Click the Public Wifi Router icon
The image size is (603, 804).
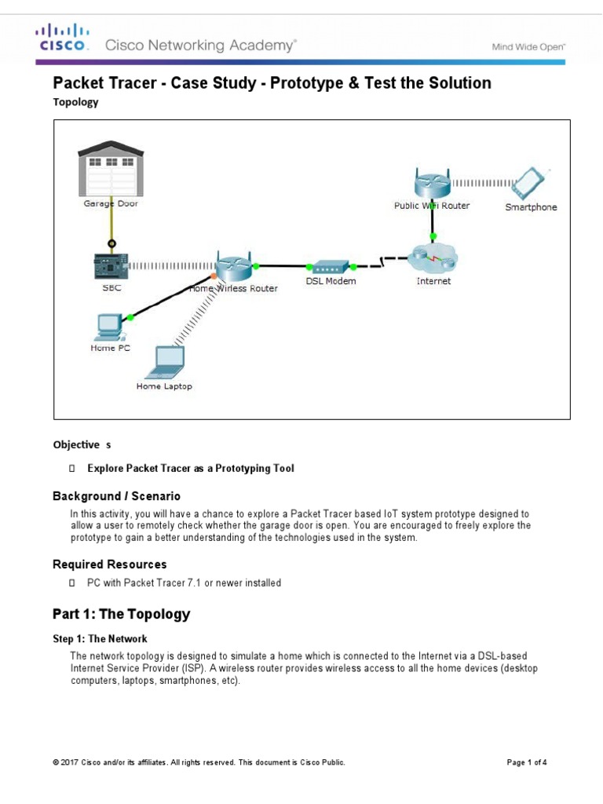coord(432,184)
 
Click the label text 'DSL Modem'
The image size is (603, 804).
coord(331,281)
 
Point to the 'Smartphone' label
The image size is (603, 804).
coord(531,207)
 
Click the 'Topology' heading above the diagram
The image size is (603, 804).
coord(75,102)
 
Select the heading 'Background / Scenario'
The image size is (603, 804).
coord(116,496)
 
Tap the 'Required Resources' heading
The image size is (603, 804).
coord(109,565)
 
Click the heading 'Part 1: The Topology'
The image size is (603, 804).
coord(121,614)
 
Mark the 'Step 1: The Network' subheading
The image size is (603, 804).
coord(100,639)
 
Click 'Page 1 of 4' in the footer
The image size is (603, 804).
coord(527,762)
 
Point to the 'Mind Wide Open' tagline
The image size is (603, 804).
coord(528,47)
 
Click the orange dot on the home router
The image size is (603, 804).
coord(214,276)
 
